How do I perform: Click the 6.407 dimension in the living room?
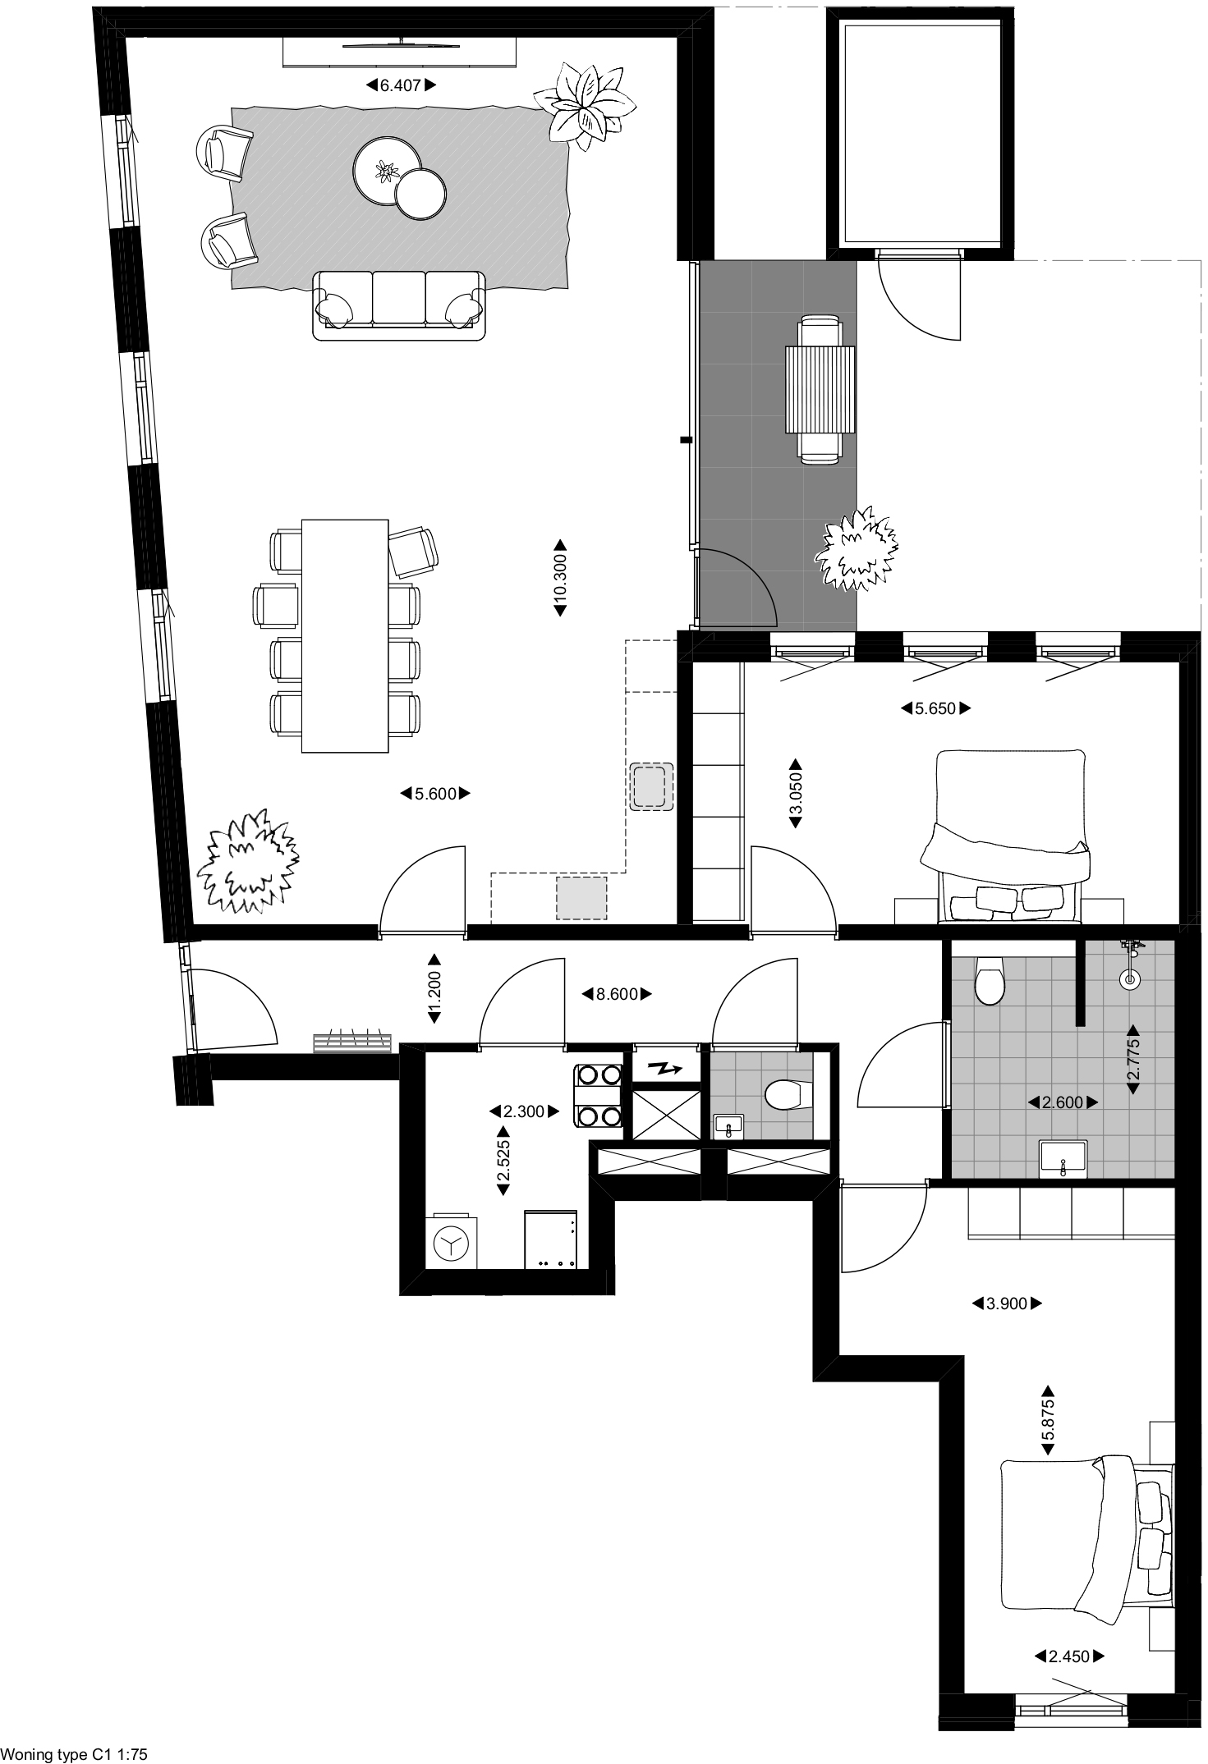click(x=400, y=85)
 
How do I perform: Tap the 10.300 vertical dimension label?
click(x=560, y=577)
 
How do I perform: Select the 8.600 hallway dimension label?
click(x=617, y=994)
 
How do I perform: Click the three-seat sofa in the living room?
click(x=399, y=305)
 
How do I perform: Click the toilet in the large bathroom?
click(x=988, y=980)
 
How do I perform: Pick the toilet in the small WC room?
click(x=784, y=1094)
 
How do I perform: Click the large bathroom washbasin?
click(x=1063, y=1159)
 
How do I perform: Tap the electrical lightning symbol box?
click(x=666, y=1068)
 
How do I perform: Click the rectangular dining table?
click(x=345, y=635)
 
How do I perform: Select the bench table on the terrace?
click(x=820, y=390)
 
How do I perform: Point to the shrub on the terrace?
click(x=856, y=548)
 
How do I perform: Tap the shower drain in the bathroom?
click(x=1132, y=978)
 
